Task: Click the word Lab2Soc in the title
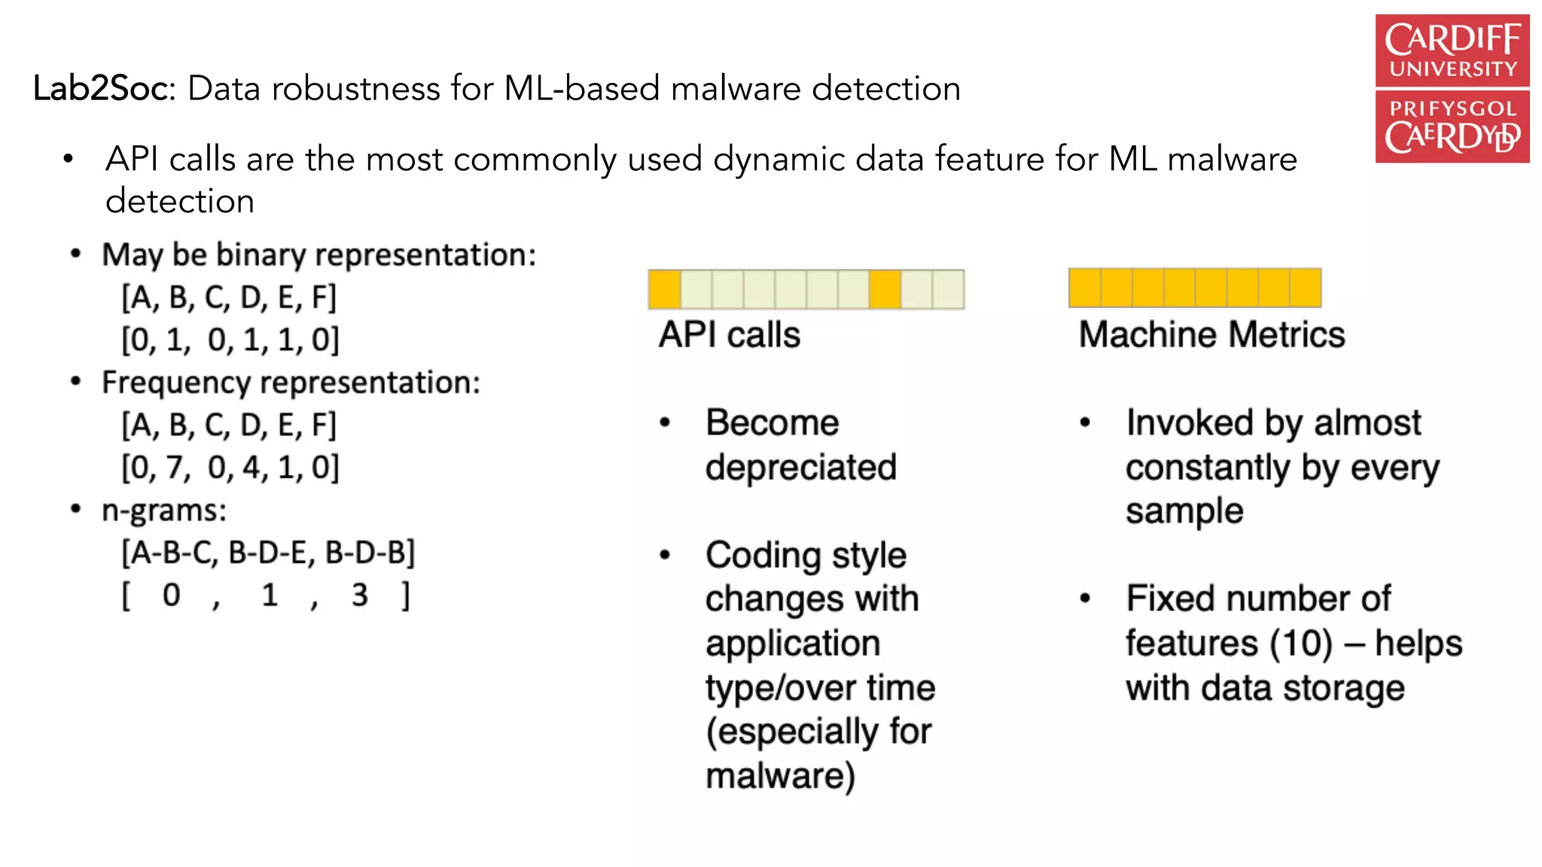(103, 89)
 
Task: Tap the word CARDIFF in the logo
(1452, 40)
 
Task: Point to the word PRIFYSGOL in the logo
(1452, 108)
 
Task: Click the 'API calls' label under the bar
(729, 335)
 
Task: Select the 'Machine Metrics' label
(1211, 335)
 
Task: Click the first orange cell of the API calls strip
(664, 290)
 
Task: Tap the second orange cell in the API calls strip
(885, 290)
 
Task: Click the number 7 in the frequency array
(175, 468)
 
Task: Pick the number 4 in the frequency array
(251, 468)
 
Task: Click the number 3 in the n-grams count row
(360, 595)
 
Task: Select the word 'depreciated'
(801, 467)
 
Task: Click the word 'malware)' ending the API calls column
(781, 776)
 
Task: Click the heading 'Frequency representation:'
(291, 383)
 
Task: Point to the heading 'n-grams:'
(164, 511)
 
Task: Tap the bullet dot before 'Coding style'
(665, 555)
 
